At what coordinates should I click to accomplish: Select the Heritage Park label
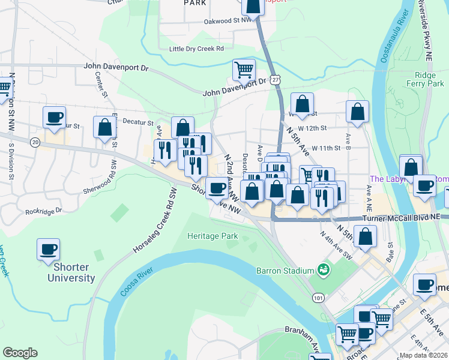(212, 236)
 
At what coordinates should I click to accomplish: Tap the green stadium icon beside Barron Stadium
(324, 270)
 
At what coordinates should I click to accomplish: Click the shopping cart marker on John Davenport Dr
(244, 70)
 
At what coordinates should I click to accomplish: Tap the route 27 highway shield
(274, 79)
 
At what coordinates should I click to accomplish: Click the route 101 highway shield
(318, 297)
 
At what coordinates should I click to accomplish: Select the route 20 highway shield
(35, 142)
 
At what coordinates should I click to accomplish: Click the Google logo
(20, 353)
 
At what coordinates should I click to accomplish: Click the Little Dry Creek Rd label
(196, 49)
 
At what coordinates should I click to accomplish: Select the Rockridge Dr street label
(44, 211)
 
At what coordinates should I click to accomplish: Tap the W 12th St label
(315, 128)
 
